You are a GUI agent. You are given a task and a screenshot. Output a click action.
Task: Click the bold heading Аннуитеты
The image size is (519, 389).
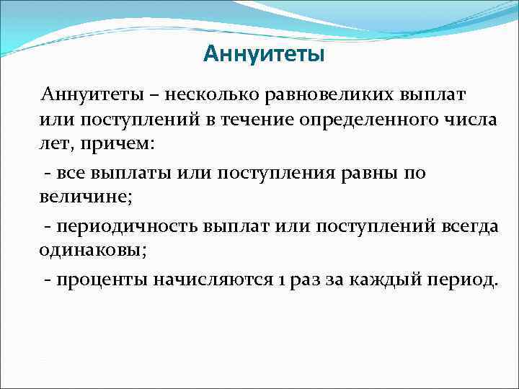264,54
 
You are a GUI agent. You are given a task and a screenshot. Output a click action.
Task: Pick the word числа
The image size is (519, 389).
471,120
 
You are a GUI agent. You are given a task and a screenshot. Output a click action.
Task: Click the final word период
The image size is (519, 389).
464,280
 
